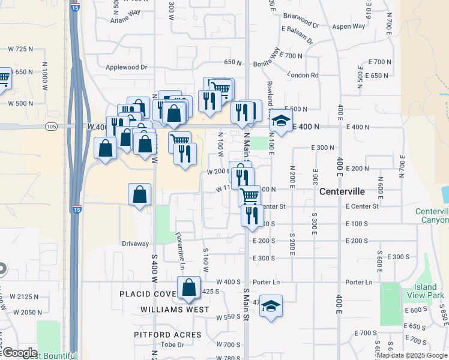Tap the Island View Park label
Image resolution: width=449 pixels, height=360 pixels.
pyautogui.click(x=425, y=291)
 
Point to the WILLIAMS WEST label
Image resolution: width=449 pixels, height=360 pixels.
pyautogui.click(x=175, y=310)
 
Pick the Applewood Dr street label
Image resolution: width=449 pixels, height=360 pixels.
pyautogui.click(x=127, y=68)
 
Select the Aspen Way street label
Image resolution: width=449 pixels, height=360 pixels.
pyautogui.click(x=349, y=26)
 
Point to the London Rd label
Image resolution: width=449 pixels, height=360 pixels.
pyautogui.click(x=319, y=75)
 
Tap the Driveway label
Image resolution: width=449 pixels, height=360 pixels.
pyautogui.click(x=135, y=244)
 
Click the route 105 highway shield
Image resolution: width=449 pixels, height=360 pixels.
pyautogui.click(x=51, y=127)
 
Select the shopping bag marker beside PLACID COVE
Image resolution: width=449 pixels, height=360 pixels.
pyautogui.click(x=189, y=288)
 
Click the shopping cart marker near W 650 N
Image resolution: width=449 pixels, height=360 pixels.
pyautogui.click(x=3, y=78)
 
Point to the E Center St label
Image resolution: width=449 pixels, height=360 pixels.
pyautogui.click(x=362, y=206)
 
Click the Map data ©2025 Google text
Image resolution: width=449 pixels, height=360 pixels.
pyautogui.click(x=412, y=355)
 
